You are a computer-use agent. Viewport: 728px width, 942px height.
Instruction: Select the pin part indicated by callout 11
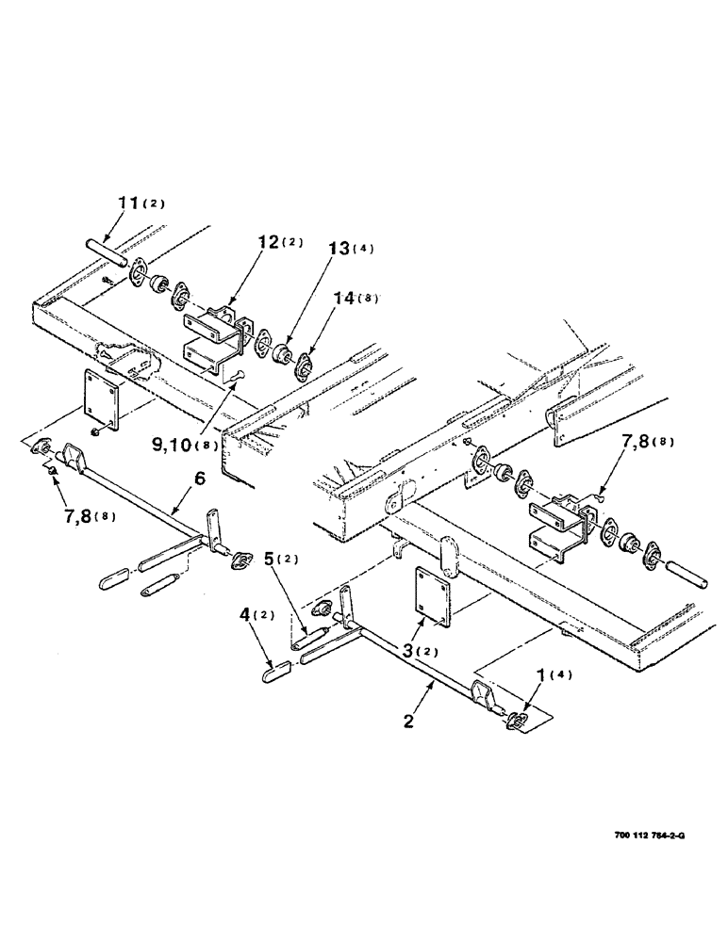pyautogui.click(x=105, y=252)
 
